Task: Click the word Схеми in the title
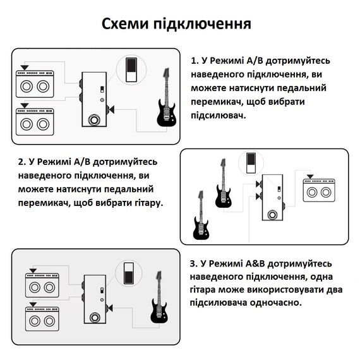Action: click(125, 23)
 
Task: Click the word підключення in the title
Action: click(202, 24)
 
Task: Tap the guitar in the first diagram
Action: click(167, 97)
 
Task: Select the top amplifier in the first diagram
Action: click(35, 84)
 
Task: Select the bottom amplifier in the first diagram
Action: click(35, 122)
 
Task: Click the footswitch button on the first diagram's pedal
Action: click(93, 120)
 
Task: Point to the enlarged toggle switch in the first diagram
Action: click(131, 70)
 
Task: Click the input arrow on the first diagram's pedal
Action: click(111, 109)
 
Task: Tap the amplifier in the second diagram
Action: click(319, 190)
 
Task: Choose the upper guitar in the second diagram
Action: click(223, 183)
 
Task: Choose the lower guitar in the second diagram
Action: click(201, 215)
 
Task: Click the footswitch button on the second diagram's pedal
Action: click(272, 215)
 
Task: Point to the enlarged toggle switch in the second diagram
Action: click(251, 163)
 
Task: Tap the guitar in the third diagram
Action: click(159, 297)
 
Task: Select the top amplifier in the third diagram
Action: click(42, 285)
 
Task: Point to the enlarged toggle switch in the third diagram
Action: click(129, 273)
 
